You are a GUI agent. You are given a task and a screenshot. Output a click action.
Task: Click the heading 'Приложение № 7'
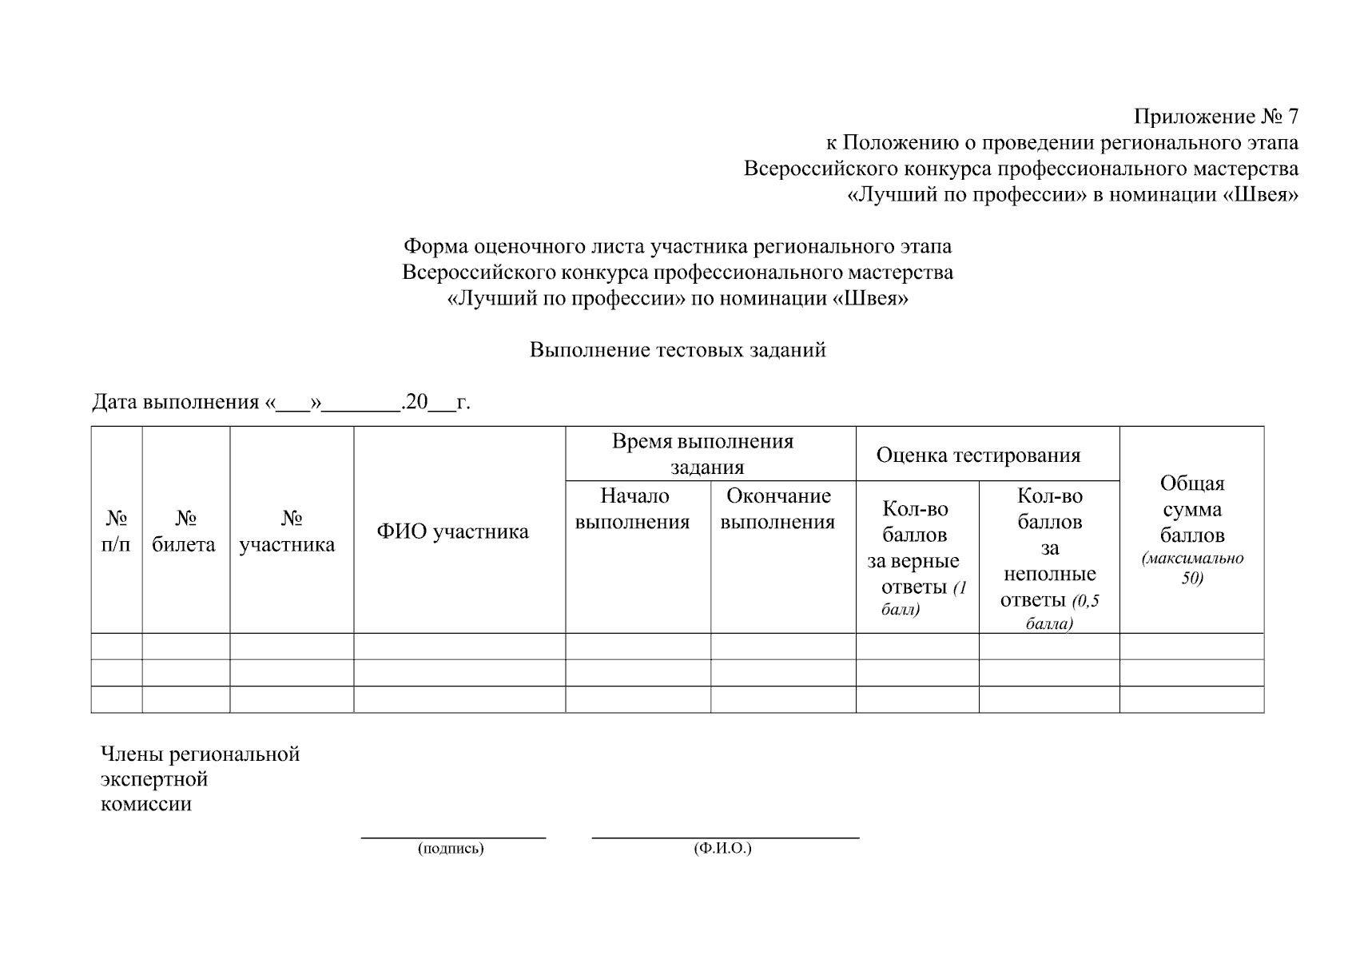[1216, 117]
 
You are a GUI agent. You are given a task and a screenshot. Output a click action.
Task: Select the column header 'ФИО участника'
[452, 531]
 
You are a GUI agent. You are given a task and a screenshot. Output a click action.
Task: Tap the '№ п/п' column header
[117, 531]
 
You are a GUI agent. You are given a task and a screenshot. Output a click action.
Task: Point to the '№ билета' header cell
[185, 531]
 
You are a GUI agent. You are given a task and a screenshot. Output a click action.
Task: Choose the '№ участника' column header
[288, 531]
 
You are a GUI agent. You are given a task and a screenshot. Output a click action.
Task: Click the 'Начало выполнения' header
[634, 509]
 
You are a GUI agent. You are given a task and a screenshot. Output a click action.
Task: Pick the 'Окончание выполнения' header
[778, 509]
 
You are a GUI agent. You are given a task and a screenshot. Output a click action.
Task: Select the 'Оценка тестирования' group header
[978, 456]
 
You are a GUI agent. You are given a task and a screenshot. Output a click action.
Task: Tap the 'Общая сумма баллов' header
[1191, 509]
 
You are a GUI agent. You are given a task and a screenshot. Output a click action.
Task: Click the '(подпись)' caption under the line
[451, 849]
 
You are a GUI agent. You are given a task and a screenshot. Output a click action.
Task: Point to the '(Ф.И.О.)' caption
[723, 849]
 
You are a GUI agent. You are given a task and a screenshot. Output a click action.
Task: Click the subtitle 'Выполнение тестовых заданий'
[678, 350]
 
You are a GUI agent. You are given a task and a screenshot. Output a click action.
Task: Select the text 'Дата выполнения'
[176, 402]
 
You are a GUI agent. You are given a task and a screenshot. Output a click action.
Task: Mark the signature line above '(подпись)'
[453, 837]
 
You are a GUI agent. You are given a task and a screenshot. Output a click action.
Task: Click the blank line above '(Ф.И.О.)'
[725, 837]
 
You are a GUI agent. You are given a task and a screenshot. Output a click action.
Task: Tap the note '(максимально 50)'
[1192, 568]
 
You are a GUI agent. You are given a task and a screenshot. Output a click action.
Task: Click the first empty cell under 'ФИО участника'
[459, 647]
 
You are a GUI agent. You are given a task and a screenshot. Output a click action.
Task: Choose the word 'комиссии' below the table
[146, 804]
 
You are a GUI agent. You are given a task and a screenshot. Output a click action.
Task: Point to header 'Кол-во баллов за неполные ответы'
[1049, 559]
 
